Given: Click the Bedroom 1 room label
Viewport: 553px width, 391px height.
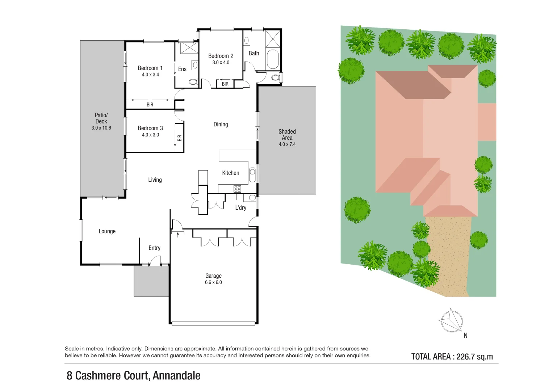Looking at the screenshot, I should [x=150, y=68].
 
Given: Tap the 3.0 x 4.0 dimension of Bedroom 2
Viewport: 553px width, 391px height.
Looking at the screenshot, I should [x=221, y=63].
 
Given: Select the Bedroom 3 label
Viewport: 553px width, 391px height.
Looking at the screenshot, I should [x=150, y=128].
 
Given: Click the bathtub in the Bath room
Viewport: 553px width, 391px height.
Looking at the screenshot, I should [x=273, y=59].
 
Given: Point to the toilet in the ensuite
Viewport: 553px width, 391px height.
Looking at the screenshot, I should [x=193, y=82].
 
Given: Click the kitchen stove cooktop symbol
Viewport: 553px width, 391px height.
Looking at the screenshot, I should [x=237, y=189].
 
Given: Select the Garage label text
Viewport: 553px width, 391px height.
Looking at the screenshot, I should [x=213, y=276].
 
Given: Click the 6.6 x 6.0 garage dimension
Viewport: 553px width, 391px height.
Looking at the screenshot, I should [x=213, y=282].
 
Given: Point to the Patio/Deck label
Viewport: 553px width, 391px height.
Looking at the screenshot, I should [x=101, y=118].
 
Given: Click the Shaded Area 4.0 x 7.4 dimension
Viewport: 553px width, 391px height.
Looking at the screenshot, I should [x=287, y=144].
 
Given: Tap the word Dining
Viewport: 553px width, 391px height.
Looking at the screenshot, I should [x=221, y=125].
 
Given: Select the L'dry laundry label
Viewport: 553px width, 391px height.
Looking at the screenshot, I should [x=240, y=208].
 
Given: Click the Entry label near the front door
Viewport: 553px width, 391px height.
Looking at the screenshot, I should [x=154, y=248].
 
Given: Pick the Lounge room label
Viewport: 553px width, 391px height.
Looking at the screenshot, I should [x=107, y=231].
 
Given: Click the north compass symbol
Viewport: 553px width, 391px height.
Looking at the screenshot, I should [x=451, y=321].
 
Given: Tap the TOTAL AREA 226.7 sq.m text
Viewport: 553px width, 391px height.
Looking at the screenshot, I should [x=452, y=357].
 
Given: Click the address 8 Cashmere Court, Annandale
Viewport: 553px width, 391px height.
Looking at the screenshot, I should [x=133, y=376].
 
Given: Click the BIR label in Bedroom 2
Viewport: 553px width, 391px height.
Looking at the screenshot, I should [x=225, y=84].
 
